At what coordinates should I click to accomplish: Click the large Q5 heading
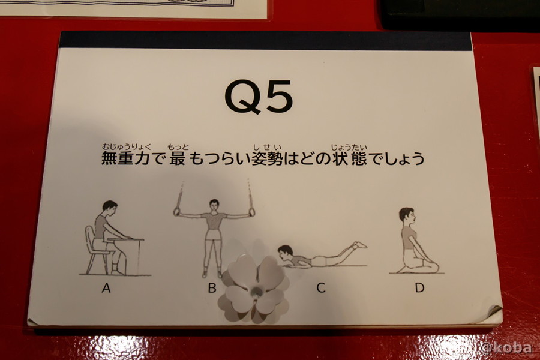point(259,97)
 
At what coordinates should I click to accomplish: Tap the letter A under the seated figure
point(106,287)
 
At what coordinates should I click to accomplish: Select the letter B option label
point(212,287)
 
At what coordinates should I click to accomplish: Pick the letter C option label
point(321,287)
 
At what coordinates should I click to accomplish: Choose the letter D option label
point(419,287)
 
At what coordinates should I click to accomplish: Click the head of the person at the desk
point(110,208)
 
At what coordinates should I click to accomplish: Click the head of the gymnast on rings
point(214,206)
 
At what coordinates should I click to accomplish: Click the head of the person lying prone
point(286,252)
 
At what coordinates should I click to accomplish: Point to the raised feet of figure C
point(359,245)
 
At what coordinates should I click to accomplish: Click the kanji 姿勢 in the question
point(268,159)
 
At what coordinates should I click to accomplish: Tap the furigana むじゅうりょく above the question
point(127,147)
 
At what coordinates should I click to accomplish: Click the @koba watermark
point(506,347)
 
